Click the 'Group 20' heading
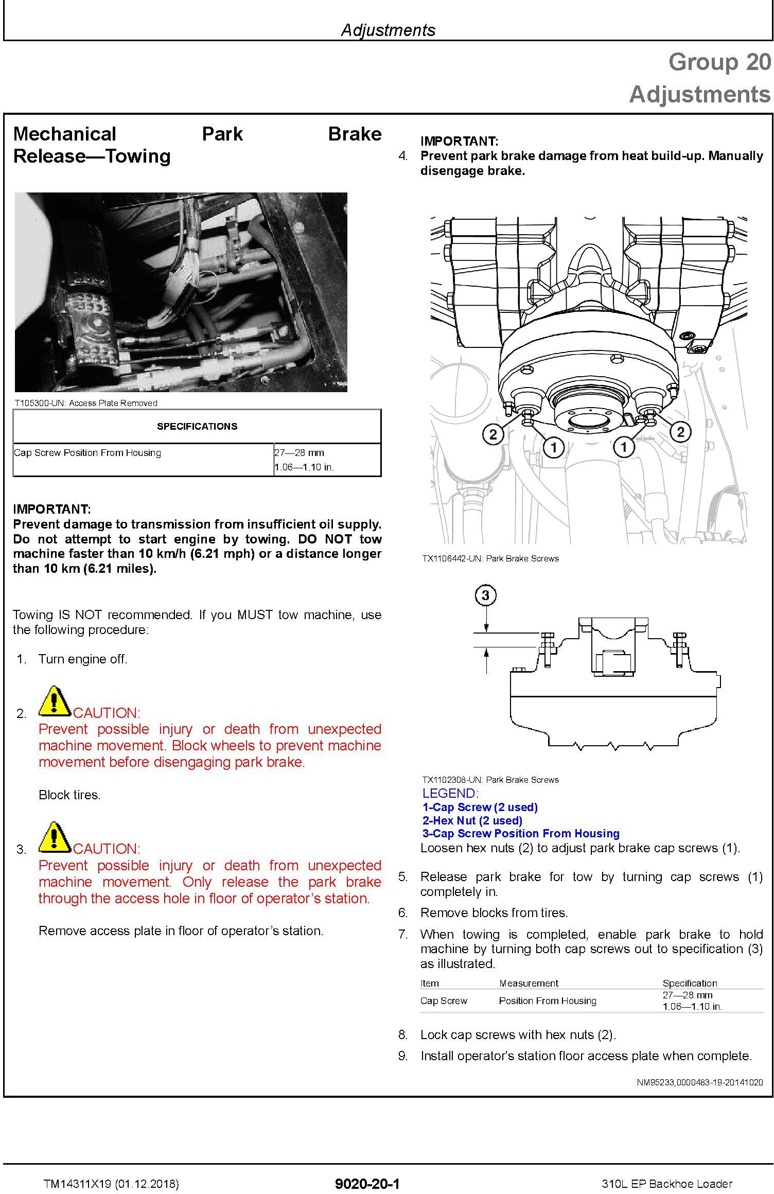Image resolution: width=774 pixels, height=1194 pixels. coord(719,62)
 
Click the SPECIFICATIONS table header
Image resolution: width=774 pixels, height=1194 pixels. coord(197,426)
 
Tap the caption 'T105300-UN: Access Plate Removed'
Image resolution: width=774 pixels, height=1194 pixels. coord(86,403)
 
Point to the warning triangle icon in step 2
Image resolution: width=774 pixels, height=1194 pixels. coord(55,701)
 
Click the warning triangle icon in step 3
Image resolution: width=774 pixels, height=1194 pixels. coord(55,837)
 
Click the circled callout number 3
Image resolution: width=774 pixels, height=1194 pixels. coord(486,595)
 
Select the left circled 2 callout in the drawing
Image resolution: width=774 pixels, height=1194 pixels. coord(493,434)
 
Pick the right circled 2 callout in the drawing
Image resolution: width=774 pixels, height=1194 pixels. coord(680,432)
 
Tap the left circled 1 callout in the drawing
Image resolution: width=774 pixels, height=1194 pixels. coord(554,447)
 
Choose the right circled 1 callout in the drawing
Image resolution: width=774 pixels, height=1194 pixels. coord(624,446)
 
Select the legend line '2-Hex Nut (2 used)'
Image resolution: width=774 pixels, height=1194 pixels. coord(472,820)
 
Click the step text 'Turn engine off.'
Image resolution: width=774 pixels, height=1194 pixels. coord(83,659)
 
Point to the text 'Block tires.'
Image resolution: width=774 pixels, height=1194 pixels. coord(69,795)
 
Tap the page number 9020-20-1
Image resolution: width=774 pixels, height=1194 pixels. coord(367,1184)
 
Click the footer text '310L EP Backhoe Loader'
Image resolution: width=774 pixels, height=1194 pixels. coord(667,1184)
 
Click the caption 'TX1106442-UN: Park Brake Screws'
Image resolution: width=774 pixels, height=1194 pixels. coord(490,558)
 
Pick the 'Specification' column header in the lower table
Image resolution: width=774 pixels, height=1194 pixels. coord(690,983)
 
